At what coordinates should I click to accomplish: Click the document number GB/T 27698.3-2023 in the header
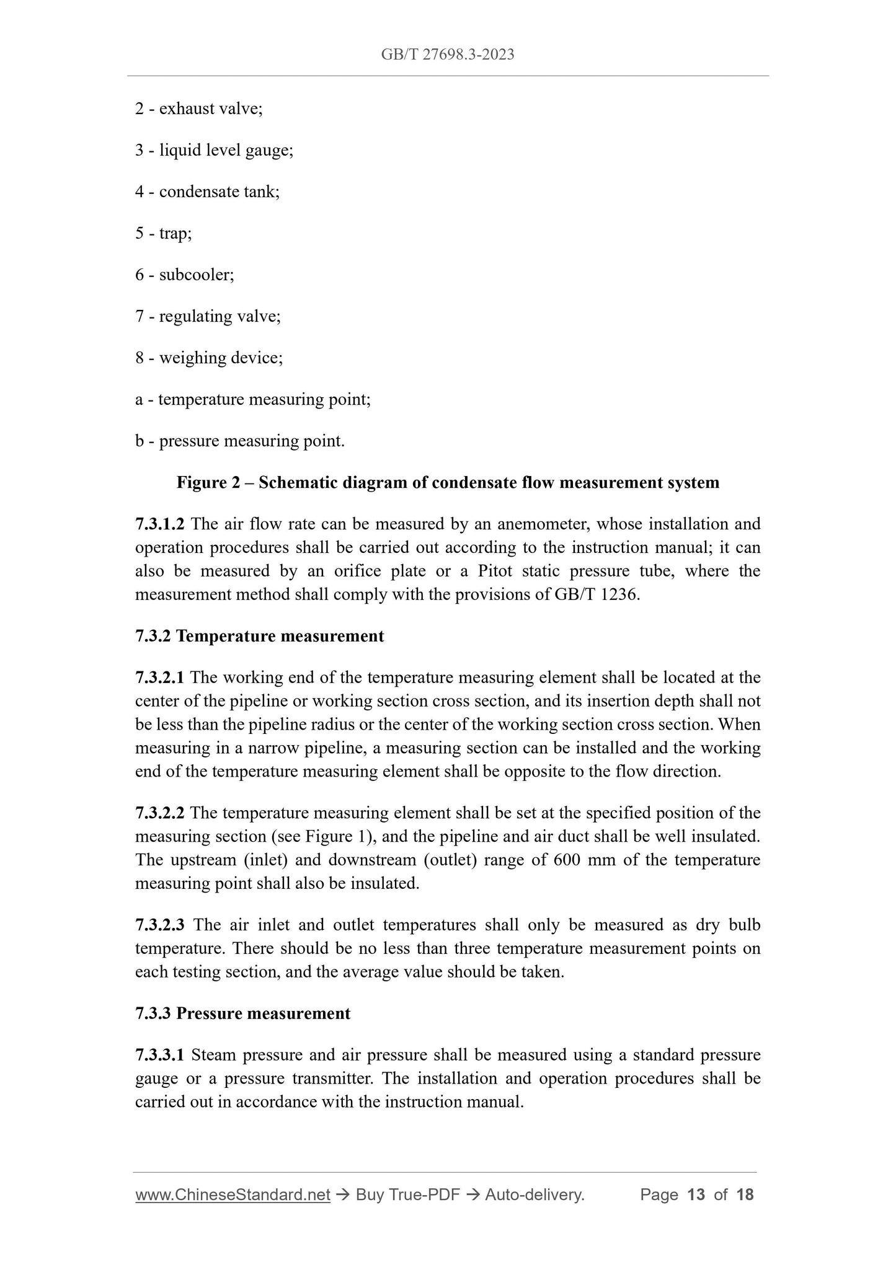[x=448, y=55]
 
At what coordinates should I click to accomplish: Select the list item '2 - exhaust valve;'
[x=198, y=108]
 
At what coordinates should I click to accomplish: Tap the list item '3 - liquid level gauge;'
[x=214, y=150]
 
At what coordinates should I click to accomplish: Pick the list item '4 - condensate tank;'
[x=207, y=192]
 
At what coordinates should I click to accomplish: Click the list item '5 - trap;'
[x=163, y=233]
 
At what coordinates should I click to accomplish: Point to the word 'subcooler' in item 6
[x=195, y=275]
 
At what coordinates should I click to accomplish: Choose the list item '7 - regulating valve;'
[x=208, y=316]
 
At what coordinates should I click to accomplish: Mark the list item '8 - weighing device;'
[x=209, y=358]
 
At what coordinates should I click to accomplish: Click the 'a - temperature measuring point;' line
[x=252, y=399]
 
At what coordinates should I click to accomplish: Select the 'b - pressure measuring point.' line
[x=239, y=441]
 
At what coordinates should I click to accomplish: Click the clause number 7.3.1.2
[x=159, y=524]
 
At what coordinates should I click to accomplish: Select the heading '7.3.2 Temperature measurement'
[x=259, y=636]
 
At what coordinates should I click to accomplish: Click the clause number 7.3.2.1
[x=159, y=678]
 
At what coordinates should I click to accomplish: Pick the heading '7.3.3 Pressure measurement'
[x=242, y=1013]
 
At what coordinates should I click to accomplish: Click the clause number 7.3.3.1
[x=159, y=1055]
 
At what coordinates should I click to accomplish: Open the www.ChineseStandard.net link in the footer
[x=233, y=1194]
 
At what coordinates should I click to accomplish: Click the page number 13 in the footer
[x=696, y=1194]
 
